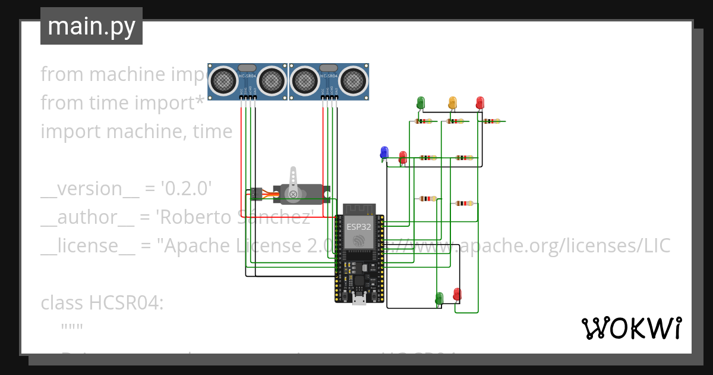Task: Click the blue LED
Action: [x=384, y=152]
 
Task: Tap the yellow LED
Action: [x=453, y=102]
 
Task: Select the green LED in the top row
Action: [x=421, y=102]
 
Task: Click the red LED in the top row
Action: [x=480, y=102]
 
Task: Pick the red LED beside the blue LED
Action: [x=402, y=157]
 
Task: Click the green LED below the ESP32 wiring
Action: [x=439, y=297]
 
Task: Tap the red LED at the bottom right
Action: [x=457, y=294]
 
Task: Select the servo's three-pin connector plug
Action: [x=256, y=193]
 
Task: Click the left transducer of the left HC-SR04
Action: [x=223, y=79]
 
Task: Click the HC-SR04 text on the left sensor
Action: [x=247, y=77]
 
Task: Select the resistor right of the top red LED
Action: [x=491, y=121]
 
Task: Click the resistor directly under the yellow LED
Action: [x=455, y=121]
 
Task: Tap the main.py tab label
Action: [x=92, y=26]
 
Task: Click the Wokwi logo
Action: [x=631, y=328]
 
